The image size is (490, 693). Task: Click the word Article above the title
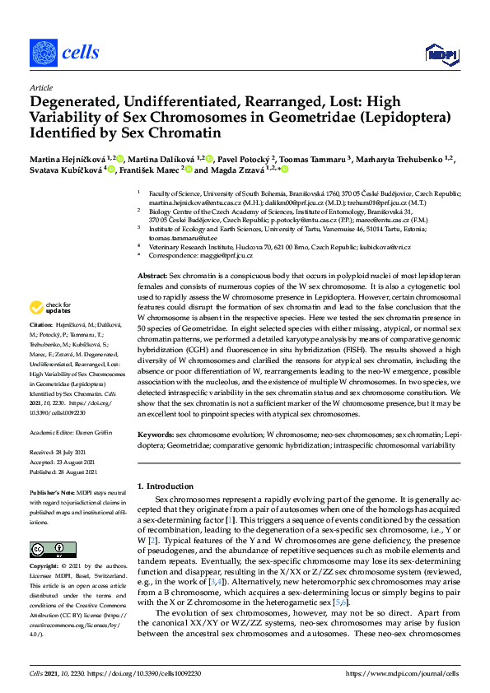pyautogui.click(x=40, y=87)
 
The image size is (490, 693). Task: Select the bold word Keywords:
pyautogui.click(x=155, y=434)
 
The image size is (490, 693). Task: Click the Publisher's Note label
pyautogui.click(x=52, y=491)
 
